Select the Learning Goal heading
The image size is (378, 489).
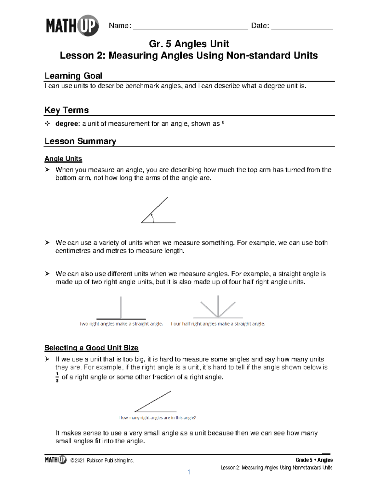tap(73, 76)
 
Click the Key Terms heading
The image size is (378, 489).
tap(66, 110)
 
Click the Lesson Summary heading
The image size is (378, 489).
tap(80, 141)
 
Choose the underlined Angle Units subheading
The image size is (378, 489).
tap(63, 159)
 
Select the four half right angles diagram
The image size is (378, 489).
tap(218, 307)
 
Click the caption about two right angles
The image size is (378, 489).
tap(121, 324)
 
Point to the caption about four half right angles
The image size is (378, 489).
tap(218, 324)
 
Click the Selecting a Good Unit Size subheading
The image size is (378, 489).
tap(91, 348)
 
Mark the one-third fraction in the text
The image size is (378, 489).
tap(57, 377)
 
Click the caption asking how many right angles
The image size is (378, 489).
tap(157, 418)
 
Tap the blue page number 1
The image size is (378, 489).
tap(189, 472)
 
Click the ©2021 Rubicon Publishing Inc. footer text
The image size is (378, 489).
tap(102, 461)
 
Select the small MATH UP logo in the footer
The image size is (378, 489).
tap(56, 460)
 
